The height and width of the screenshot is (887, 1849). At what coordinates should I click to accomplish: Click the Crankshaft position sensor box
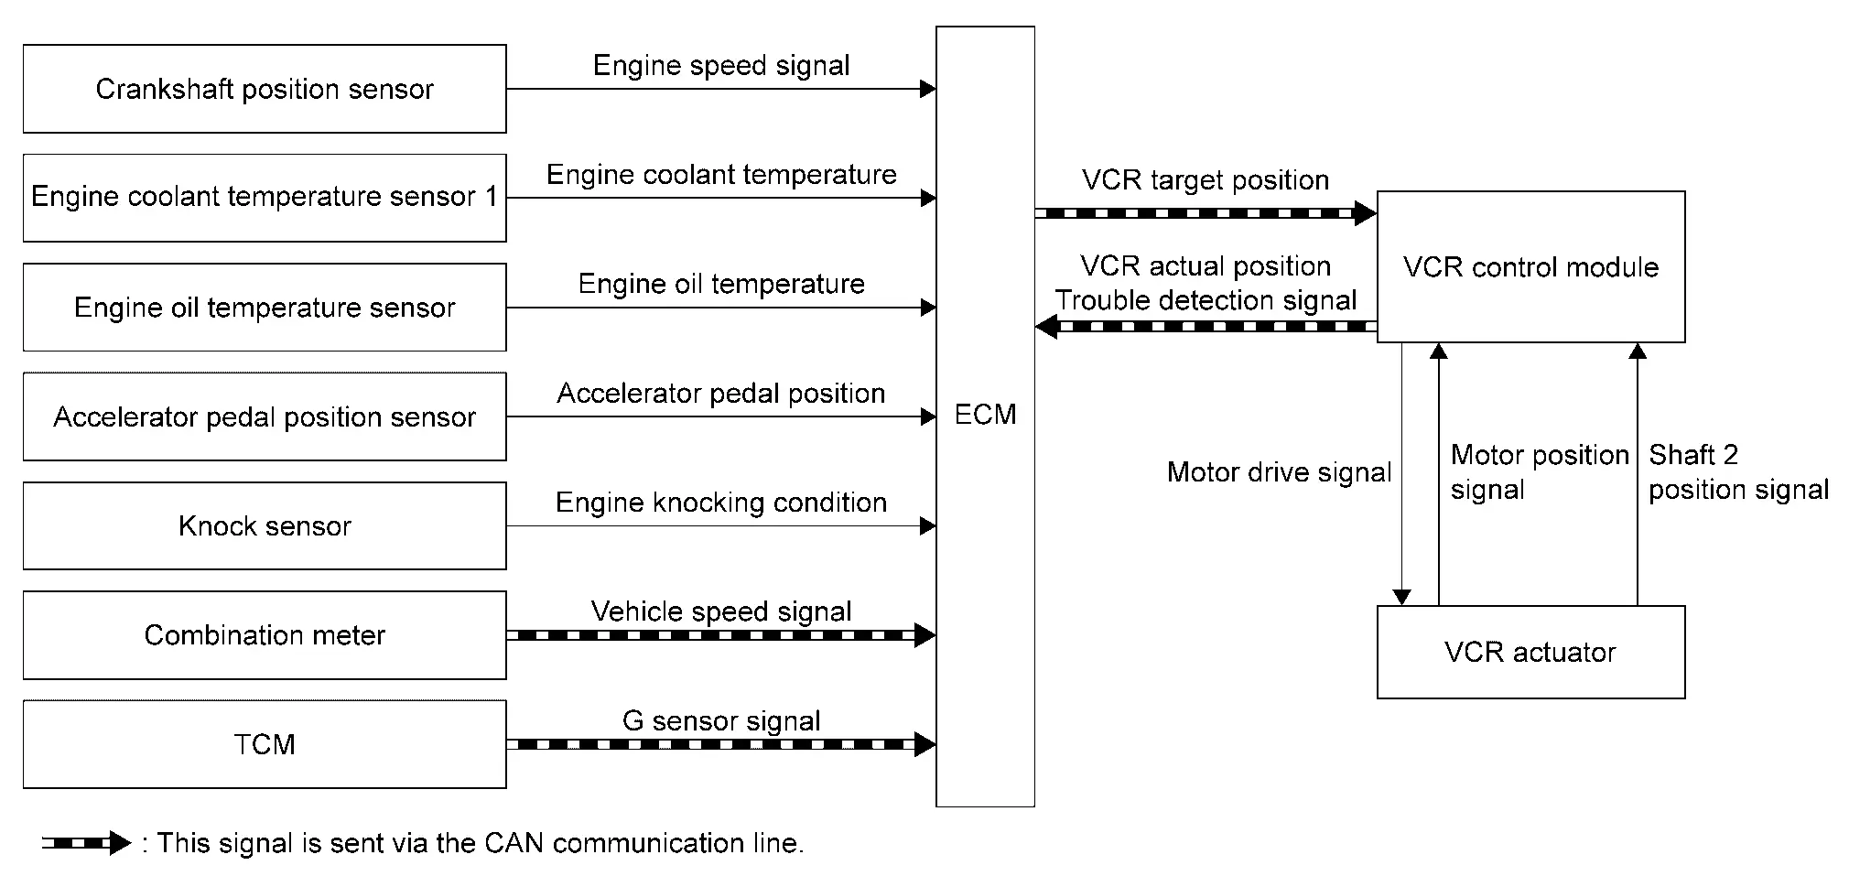[265, 89]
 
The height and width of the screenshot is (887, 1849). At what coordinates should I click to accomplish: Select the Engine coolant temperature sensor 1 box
[265, 198]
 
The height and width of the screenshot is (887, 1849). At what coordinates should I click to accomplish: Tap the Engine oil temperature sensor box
[265, 308]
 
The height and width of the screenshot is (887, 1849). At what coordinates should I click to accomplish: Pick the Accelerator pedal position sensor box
[265, 416]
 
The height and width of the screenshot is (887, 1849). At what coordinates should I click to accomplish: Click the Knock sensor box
[265, 525]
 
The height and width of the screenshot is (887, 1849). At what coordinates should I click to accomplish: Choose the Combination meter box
[265, 635]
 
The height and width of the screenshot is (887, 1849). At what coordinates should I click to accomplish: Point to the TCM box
[265, 744]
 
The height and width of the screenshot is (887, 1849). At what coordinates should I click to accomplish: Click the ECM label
[985, 415]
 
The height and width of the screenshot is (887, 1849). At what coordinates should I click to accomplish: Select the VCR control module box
[1530, 267]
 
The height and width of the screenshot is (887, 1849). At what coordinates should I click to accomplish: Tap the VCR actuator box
[1530, 652]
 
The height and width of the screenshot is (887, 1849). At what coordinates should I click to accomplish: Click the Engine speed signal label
[721, 65]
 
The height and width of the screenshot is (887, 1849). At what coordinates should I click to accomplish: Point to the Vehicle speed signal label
[721, 611]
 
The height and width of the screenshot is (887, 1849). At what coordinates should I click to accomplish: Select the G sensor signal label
[721, 720]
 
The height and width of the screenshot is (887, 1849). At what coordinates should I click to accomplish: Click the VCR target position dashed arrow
[1205, 213]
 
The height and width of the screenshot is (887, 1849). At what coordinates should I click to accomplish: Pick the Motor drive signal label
[1279, 472]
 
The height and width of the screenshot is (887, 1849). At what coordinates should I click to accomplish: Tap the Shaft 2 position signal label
[1737, 472]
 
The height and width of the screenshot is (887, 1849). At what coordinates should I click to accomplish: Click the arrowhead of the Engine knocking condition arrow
[927, 526]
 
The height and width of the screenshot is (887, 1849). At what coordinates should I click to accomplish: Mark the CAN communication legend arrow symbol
[87, 843]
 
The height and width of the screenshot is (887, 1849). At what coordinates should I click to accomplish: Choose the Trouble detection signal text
[1206, 300]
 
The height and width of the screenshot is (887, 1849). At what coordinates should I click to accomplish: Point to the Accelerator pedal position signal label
[721, 394]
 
